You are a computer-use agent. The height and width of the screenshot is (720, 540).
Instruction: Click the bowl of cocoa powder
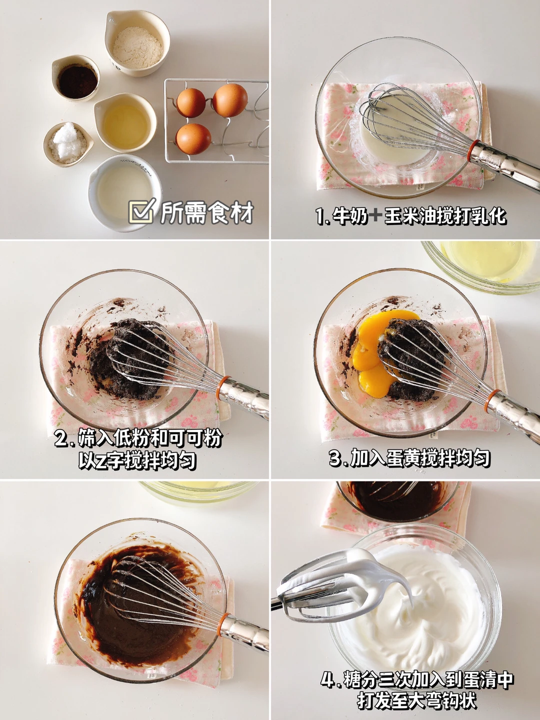(76, 77)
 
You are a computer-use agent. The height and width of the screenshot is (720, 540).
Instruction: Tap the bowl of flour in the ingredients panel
(137, 43)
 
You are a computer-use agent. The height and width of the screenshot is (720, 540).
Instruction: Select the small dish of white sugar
(68, 143)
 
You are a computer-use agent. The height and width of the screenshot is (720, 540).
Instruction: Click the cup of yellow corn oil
(125, 122)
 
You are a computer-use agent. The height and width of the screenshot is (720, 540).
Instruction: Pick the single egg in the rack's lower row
(193, 139)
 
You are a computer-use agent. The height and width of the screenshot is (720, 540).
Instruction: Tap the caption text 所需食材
(207, 213)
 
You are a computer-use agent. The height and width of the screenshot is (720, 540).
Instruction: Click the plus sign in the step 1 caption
(375, 216)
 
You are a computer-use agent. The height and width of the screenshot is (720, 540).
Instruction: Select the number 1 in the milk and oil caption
(319, 216)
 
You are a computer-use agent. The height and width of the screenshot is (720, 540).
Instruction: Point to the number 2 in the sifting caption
(61, 438)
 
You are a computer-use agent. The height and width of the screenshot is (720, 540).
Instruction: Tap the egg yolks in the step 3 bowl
(380, 352)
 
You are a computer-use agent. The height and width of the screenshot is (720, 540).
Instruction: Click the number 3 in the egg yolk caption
(336, 458)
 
